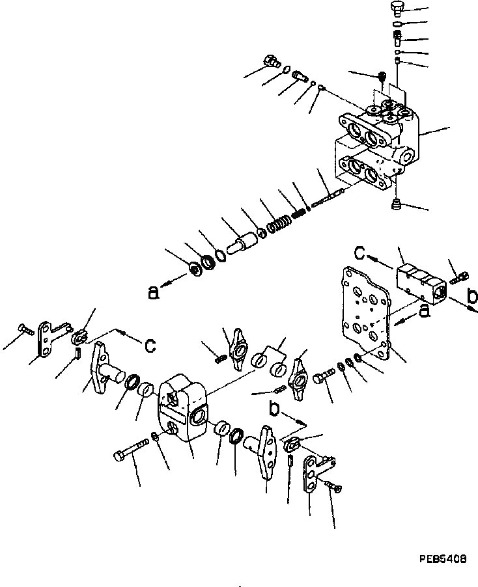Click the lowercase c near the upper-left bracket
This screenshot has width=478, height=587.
tap(150, 346)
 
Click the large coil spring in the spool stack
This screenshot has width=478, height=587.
tap(276, 225)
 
